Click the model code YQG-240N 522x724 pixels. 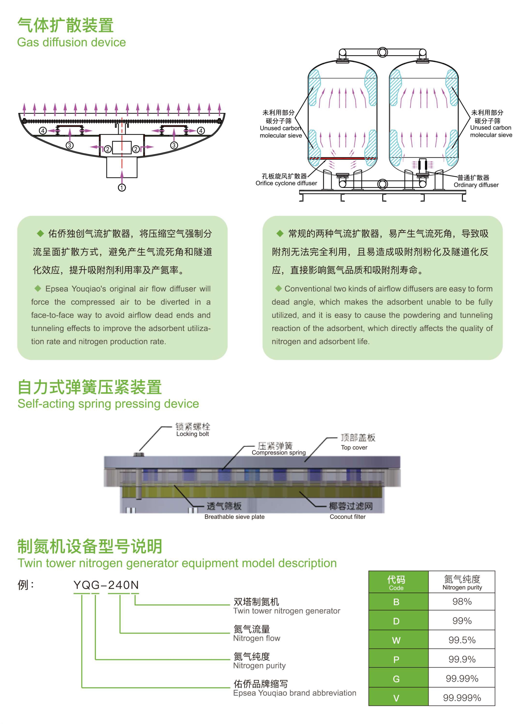(106, 585)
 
